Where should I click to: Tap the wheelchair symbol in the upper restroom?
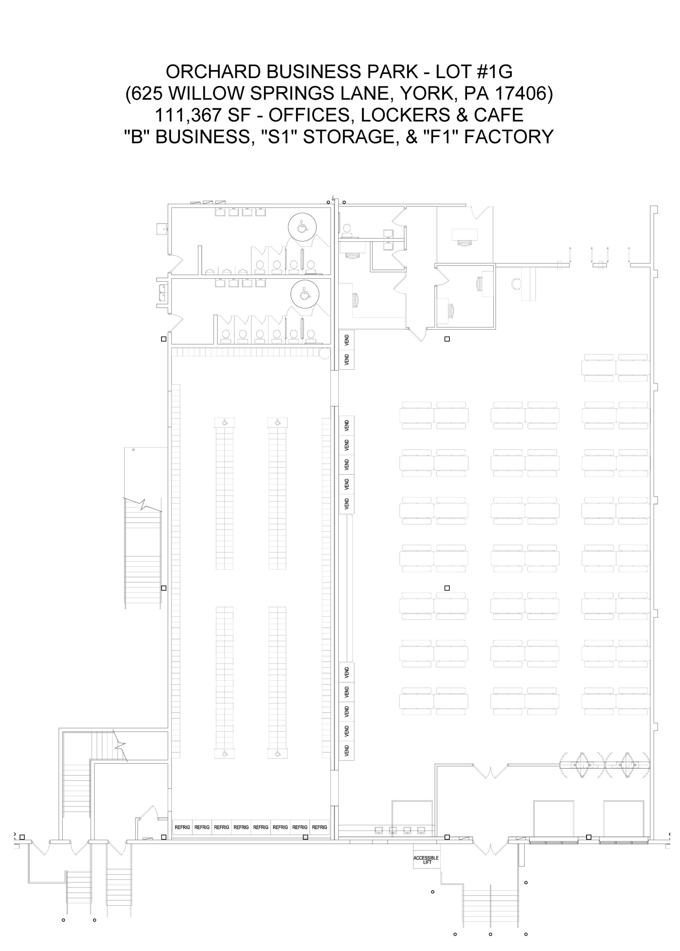click(x=302, y=227)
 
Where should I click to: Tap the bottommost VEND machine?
click(x=347, y=751)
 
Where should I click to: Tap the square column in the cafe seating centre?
click(x=447, y=588)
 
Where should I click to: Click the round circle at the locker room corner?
click(x=325, y=354)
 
